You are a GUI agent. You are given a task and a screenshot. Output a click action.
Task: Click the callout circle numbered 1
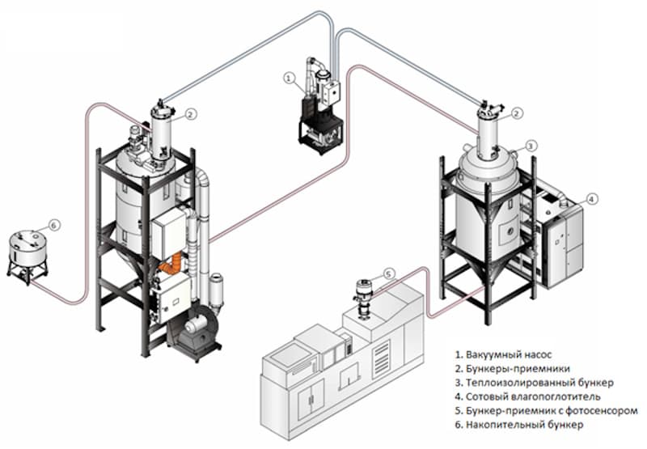pyautogui.click(x=289, y=78)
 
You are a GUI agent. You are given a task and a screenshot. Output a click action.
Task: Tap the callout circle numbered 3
pyautogui.click(x=531, y=146)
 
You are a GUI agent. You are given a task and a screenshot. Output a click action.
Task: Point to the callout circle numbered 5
pyautogui.click(x=388, y=274)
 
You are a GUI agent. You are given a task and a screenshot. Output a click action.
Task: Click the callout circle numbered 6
pyautogui.click(x=54, y=224)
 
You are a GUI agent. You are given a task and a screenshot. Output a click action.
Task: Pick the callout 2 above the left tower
pyautogui.click(x=190, y=114)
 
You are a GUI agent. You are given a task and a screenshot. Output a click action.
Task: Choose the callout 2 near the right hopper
pyautogui.click(x=517, y=114)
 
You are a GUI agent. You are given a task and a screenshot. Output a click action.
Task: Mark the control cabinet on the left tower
pyautogui.click(x=170, y=234)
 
